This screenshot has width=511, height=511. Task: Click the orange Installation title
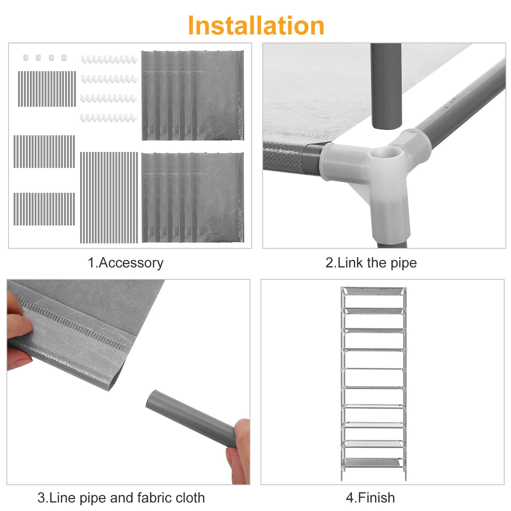click(x=256, y=25)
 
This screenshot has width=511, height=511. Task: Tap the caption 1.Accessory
click(x=126, y=263)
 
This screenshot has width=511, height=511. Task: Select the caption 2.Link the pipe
click(x=371, y=263)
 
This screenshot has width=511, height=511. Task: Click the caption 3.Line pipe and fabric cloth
click(x=121, y=498)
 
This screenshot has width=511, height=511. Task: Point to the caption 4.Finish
click(x=371, y=498)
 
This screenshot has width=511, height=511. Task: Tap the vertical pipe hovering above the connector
click(x=386, y=86)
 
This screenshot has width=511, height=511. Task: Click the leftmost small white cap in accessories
click(x=26, y=57)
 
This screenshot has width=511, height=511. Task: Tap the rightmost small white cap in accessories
click(x=64, y=57)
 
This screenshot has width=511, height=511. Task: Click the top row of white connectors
click(x=109, y=59)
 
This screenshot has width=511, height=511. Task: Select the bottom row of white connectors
click(x=109, y=117)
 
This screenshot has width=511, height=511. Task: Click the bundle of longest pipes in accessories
click(x=109, y=197)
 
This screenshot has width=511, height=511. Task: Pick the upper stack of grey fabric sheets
click(x=192, y=95)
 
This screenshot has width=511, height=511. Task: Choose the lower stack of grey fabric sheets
click(x=192, y=197)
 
